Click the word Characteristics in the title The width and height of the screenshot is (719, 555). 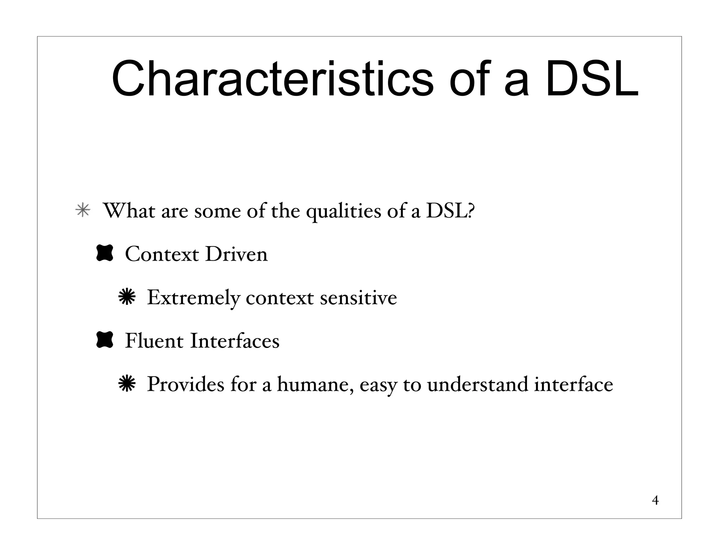click(272, 79)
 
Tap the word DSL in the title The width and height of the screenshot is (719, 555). click(592, 79)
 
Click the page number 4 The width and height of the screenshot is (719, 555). click(655, 500)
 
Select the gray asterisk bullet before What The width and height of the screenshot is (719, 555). click(83, 210)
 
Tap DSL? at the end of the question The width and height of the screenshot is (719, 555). click(450, 211)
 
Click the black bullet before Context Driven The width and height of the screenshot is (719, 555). click(105, 253)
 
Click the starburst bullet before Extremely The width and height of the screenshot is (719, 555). click(127, 297)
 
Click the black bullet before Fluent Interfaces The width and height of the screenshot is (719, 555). click(105, 340)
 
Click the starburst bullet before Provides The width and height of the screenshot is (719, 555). click(127, 383)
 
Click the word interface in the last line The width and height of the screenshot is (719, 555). click(573, 384)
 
